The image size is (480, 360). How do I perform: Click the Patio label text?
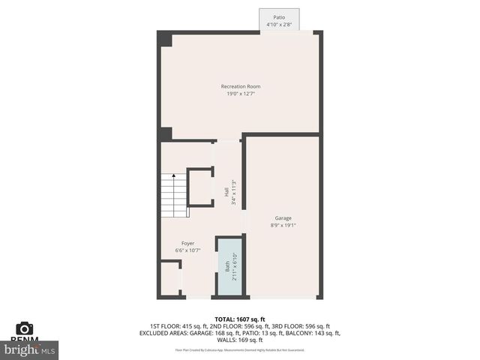(x=279, y=17)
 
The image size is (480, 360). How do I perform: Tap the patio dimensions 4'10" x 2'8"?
(x=279, y=24)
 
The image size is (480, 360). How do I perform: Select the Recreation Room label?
(x=241, y=87)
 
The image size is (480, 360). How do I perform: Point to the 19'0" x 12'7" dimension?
(x=241, y=94)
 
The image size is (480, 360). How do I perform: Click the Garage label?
(x=283, y=218)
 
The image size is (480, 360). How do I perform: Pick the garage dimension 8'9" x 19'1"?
(x=283, y=225)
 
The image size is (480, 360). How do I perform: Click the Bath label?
(x=227, y=266)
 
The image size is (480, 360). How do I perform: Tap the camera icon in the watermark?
(x=25, y=329)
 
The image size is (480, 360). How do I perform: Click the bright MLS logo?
(x=30, y=349)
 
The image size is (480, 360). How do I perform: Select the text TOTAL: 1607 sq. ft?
(x=240, y=319)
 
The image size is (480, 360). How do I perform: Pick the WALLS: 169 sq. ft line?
(x=240, y=340)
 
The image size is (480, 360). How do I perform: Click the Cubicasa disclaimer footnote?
(x=240, y=349)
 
